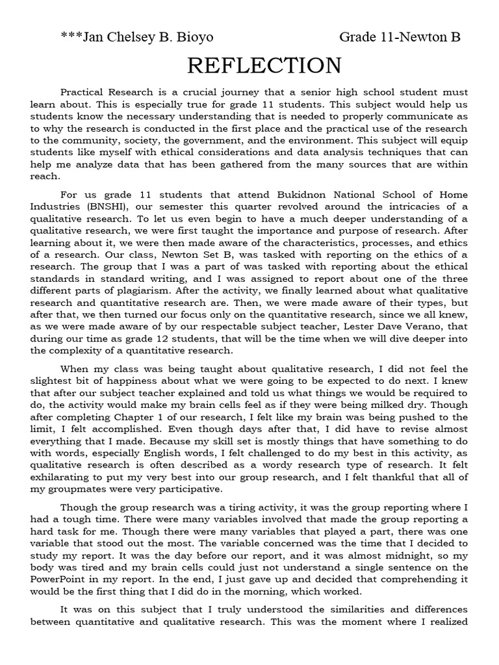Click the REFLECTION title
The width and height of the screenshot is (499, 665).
[x=264, y=66]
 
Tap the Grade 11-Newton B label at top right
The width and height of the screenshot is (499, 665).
[x=400, y=37]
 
